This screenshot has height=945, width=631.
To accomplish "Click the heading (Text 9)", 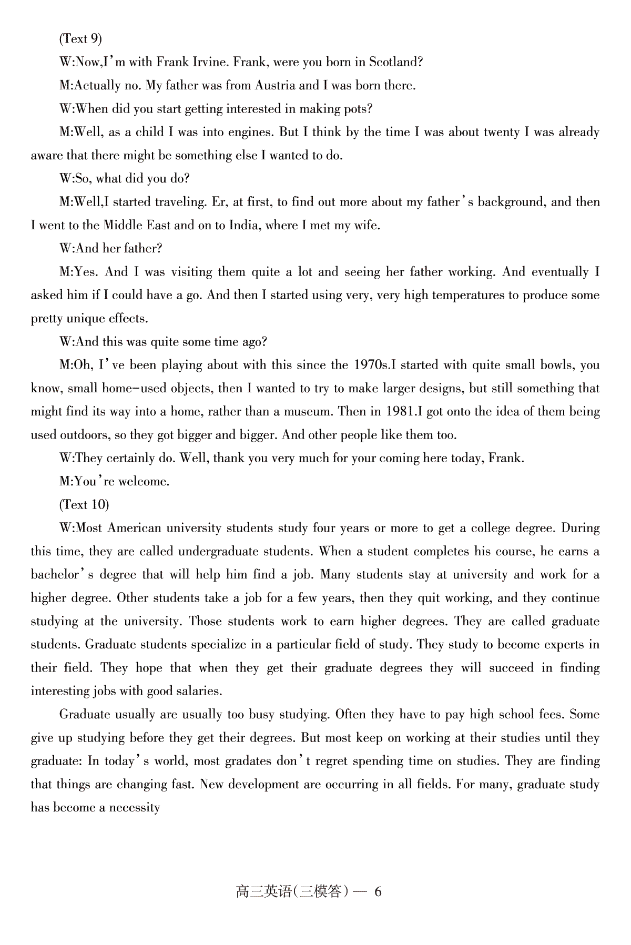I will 80,39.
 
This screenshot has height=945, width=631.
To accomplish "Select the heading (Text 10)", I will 84,505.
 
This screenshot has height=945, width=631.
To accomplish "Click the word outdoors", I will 84,435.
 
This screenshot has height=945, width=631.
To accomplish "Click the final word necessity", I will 134,808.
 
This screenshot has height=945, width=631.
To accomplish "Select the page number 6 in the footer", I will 378,892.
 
